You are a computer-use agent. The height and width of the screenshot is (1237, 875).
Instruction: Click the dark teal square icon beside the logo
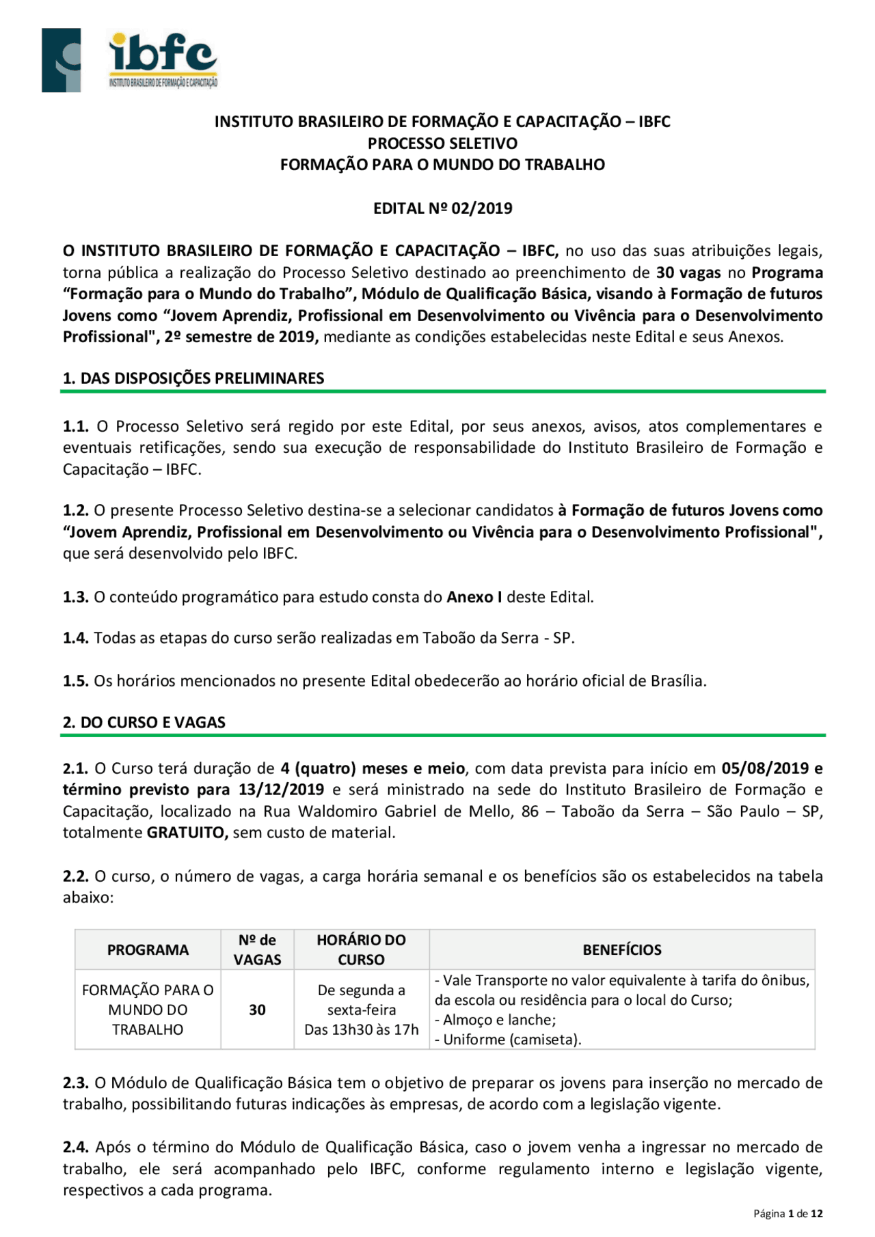click(61, 60)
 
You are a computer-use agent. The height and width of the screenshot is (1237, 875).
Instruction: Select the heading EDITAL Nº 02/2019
click(442, 208)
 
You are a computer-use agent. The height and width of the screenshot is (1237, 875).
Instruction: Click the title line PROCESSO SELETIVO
click(442, 143)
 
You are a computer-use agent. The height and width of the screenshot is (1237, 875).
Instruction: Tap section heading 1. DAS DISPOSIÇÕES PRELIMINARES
click(193, 378)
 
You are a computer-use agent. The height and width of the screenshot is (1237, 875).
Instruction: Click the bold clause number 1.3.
click(75, 597)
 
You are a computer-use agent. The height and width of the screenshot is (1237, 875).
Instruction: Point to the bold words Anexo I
click(474, 597)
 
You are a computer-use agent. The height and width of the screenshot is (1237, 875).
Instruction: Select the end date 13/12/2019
click(281, 790)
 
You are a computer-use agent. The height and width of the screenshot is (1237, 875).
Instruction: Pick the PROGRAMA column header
click(148, 949)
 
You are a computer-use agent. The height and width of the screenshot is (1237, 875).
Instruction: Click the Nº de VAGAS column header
click(257, 949)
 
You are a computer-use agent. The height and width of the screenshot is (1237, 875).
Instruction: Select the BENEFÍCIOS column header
click(621, 949)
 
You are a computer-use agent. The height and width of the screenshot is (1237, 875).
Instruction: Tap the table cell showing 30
click(257, 1010)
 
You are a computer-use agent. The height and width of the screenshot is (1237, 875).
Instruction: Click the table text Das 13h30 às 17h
click(361, 1030)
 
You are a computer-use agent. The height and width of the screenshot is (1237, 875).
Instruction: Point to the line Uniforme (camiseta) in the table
click(509, 1040)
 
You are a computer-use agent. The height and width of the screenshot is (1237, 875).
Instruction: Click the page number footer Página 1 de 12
click(787, 1213)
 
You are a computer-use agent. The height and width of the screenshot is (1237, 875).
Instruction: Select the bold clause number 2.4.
click(76, 1148)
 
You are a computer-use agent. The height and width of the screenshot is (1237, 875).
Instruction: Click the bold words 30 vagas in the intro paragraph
click(688, 273)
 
